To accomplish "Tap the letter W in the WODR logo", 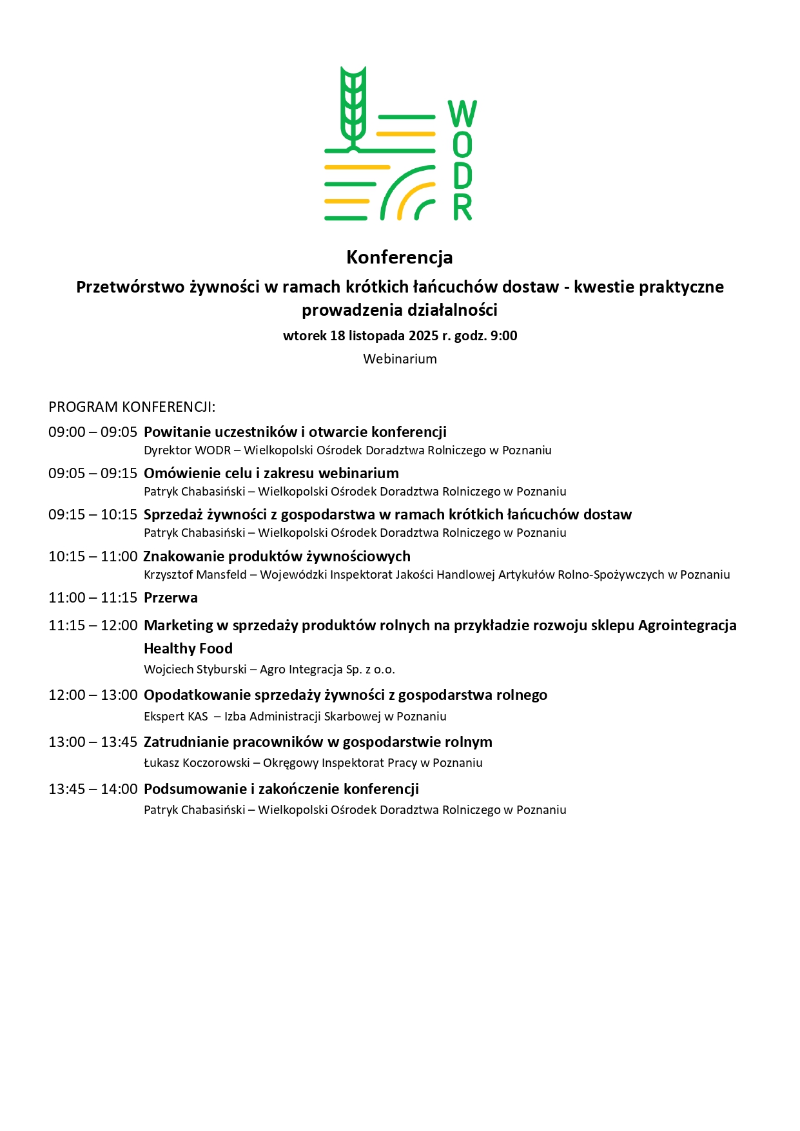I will coord(462,114).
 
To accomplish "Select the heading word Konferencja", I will coord(400,257).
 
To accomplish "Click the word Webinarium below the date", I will coord(400,359).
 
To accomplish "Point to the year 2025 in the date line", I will coord(423,336).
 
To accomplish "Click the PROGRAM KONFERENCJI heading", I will coord(132,407).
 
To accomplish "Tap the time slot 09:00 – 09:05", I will coord(93,432).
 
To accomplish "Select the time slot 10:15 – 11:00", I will coord(93,557).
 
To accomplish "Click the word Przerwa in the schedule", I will coord(171,598).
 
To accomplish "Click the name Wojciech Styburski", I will coord(195,670).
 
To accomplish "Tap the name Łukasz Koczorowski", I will coord(197,763).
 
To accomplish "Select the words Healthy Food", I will coord(188,649).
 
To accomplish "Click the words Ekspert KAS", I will coord(176,717).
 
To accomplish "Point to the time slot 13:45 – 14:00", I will coord(93,789).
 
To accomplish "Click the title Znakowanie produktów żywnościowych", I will coord(277,557).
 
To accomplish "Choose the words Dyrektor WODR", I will coord(187,450).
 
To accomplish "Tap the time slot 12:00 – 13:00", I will coord(93,695).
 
